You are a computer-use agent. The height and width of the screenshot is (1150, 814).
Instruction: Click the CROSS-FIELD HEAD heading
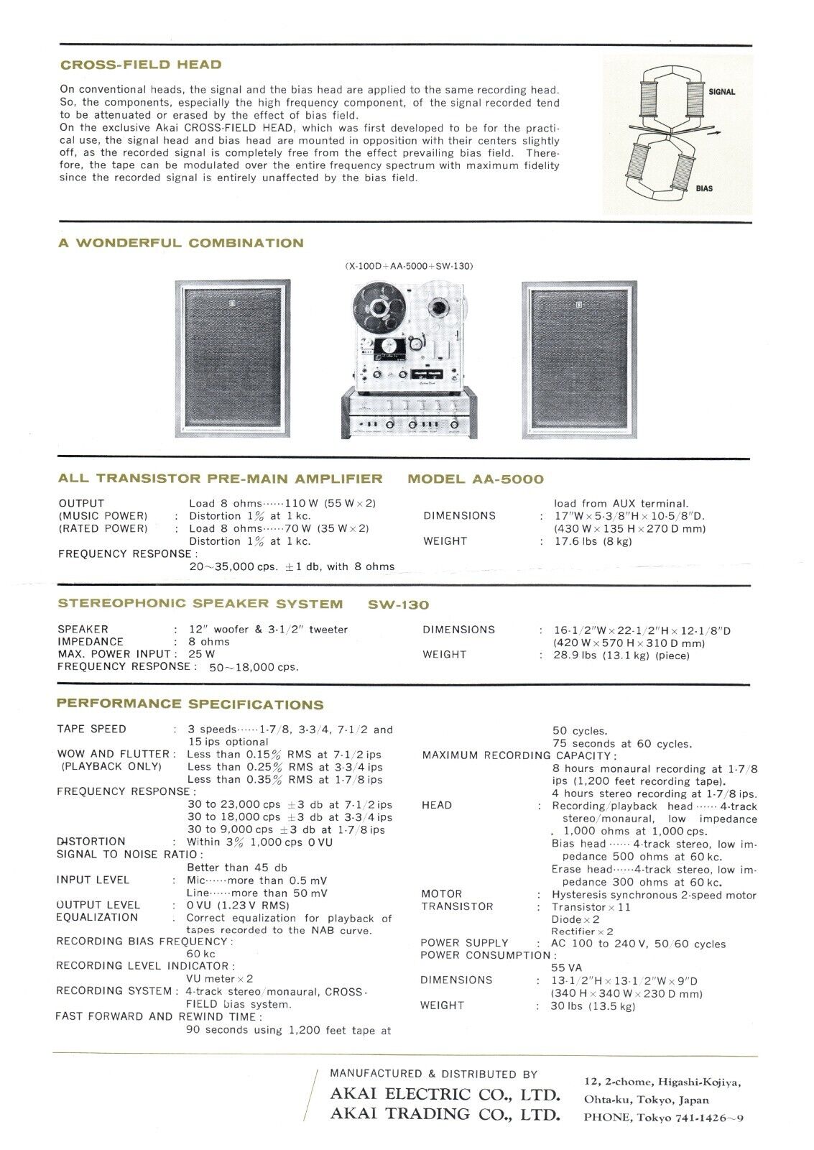coord(141,65)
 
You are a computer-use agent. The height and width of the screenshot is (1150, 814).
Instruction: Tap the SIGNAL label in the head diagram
coord(721,92)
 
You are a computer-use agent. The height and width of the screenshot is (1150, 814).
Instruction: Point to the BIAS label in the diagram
coord(704,188)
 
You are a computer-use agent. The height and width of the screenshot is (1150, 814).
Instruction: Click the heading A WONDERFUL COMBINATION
coord(181,243)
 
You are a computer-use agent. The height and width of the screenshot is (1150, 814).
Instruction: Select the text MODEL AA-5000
coord(476,479)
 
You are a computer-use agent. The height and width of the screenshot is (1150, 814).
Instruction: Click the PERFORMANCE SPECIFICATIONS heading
coord(190,704)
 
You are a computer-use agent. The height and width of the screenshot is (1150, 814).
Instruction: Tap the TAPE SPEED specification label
coord(91,729)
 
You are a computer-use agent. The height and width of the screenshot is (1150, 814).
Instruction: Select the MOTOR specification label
coord(441,894)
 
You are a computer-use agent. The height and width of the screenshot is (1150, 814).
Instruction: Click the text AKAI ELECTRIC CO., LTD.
coord(445,1096)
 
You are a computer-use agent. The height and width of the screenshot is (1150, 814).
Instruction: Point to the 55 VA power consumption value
coord(565,967)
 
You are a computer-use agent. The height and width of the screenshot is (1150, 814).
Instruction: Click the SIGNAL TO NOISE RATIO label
coord(127,854)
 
